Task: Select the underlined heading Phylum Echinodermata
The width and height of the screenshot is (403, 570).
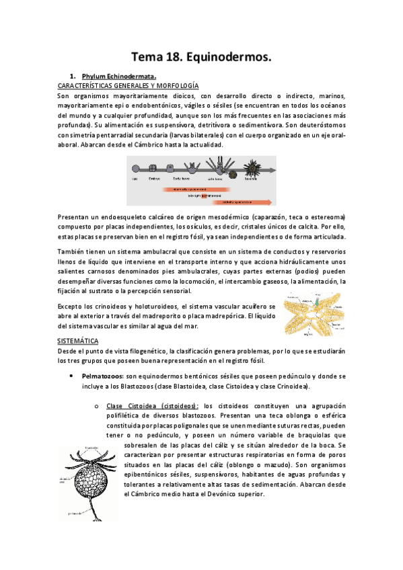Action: [119, 77]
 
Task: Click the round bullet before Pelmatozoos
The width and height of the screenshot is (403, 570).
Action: [71, 376]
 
